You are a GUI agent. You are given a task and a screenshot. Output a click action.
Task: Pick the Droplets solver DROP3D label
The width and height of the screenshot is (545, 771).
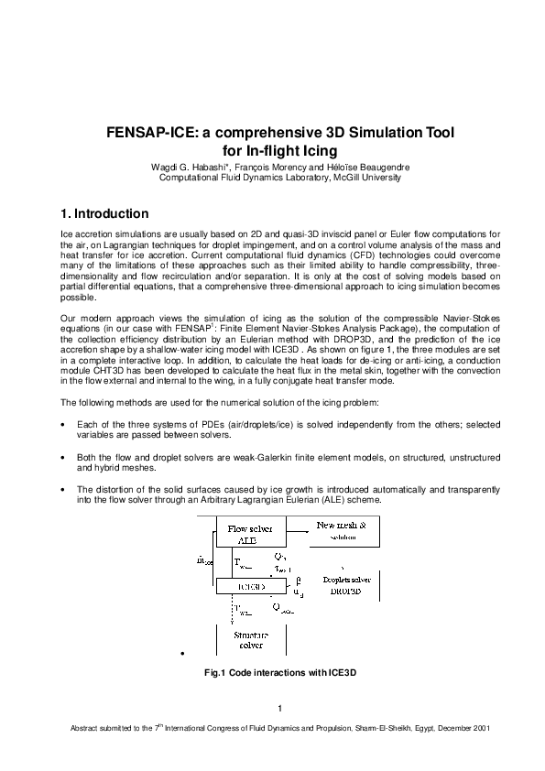click(x=350, y=585)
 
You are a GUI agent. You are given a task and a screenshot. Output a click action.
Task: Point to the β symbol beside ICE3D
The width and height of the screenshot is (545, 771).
click(x=298, y=581)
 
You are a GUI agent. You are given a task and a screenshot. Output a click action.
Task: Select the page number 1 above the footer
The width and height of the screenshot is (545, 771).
click(x=279, y=707)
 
